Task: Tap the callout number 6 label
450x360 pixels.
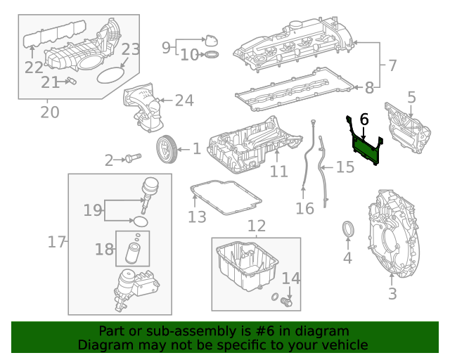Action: pyautogui.click(x=364, y=120)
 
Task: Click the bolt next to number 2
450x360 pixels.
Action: pyautogui.click(x=131, y=160)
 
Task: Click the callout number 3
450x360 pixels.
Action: pyautogui.click(x=392, y=293)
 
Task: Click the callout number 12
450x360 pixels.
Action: pyautogui.click(x=257, y=226)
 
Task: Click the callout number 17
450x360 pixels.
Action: pyautogui.click(x=56, y=242)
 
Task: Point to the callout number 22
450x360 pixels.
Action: pyautogui.click(x=34, y=67)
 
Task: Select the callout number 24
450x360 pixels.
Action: pyautogui.click(x=184, y=101)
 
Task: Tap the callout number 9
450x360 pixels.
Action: pyautogui.click(x=167, y=48)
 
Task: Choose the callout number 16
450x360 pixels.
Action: pyautogui.click(x=304, y=208)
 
